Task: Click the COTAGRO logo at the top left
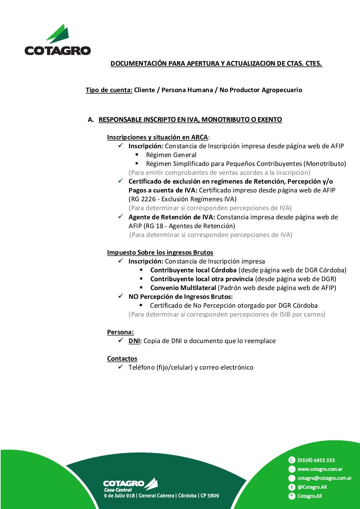[58, 40]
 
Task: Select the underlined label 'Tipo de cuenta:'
[109, 90]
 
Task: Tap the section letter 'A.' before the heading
[91, 120]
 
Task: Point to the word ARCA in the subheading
[199, 137]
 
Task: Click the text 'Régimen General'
[171, 155]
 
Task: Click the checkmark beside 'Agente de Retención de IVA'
[121, 217]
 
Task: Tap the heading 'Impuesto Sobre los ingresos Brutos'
[160, 253]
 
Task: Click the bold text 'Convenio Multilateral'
[183, 288]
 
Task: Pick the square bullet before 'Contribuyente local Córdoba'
[141, 270]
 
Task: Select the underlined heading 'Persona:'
[120, 332]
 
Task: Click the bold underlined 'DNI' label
[134, 341]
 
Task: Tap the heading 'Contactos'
[122, 359]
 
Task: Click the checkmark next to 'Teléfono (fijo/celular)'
[121, 367]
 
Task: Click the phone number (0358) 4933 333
[316, 460]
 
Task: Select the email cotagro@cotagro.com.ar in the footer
[325, 478]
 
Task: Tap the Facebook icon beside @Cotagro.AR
[292, 487]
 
